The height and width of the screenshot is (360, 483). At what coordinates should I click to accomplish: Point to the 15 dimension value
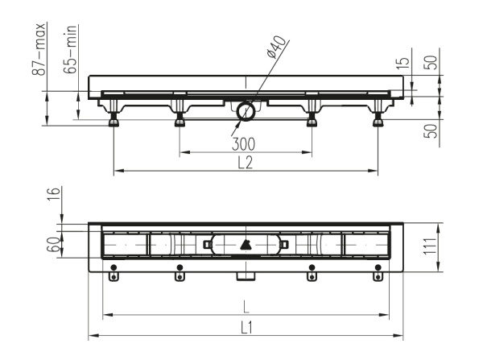pyautogui.click(x=405, y=63)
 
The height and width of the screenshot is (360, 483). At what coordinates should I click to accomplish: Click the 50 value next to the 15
pyautogui.click(x=431, y=63)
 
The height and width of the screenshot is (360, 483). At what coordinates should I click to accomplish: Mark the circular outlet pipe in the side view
pyautogui.click(x=245, y=112)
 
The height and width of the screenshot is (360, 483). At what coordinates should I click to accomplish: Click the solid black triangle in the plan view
pyautogui.click(x=245, y=244)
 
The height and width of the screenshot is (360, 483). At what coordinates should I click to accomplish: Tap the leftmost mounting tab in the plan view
pyautogui.click(x=114, y=272)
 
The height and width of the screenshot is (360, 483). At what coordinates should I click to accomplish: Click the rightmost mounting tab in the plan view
pyautogui.click(x=378, y=272)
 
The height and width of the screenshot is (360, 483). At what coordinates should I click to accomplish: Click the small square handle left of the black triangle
pyautogui.click(x=207, y=244)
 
